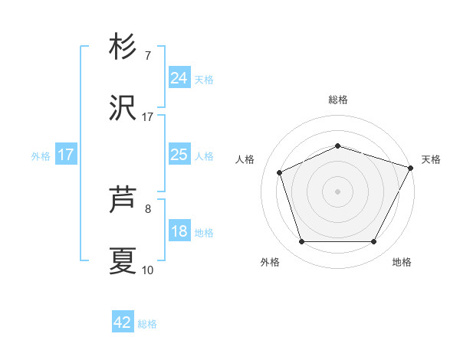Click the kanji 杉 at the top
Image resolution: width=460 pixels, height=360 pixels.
click(x=123, y=47)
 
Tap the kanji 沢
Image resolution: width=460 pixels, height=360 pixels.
click(x=123, y=109)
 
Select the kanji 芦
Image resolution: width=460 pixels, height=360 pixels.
click(x=123, y=201)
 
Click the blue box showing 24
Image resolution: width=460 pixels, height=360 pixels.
click(x=179, y=77)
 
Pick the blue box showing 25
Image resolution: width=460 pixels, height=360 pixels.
click(x=179, y=155)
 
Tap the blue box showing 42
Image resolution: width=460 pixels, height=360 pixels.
click(x=123, y=322)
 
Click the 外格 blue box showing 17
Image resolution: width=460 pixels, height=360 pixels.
click(x=65, y=155)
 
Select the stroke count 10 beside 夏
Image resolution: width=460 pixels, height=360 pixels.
click(x=147, y=270)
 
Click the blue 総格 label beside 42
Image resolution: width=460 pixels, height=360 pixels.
click(x=147, y=324)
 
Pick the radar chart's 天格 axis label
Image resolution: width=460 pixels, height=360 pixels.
click(x=431, y=159)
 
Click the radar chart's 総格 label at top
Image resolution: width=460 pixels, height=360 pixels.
click(x=337, y=100)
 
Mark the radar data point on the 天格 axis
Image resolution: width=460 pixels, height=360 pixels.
click(x=411, y=167)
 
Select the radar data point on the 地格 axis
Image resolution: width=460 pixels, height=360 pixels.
click(x=373, y=241)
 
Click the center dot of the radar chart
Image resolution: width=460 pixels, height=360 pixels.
click(x=337, y=191)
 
